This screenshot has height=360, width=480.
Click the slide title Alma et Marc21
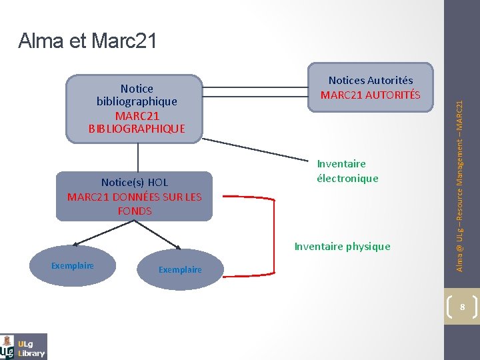(x=87, y=41)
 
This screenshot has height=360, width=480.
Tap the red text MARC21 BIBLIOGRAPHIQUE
(x=137, y=121)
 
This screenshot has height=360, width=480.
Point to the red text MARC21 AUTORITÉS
(x=370, y=95)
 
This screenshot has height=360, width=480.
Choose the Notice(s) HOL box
(x=134, y=196)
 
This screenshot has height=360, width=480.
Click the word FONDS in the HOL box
(x=135, y=211)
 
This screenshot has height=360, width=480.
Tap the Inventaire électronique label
(x=347, y=171)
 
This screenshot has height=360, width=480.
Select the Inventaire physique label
(x=342, y=247)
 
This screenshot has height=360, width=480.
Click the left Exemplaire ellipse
(x=73, y=266)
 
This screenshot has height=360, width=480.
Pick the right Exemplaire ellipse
(x=180, y=270)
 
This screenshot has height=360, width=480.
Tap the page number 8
(x=461, y=307)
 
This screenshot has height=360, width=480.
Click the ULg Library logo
(x=24, y=346)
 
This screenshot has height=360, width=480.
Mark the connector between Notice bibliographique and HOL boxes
(x=138, y=157)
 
